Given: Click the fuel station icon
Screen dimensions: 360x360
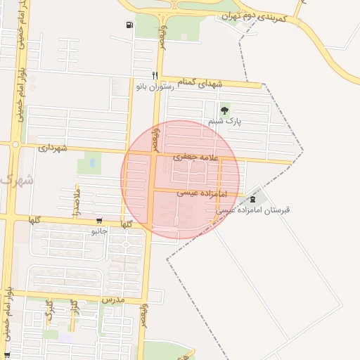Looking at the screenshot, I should tap(129, 26).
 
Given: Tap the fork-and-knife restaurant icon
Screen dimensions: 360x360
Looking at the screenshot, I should tap(154, 75).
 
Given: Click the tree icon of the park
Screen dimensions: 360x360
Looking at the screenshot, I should tap(225, 110).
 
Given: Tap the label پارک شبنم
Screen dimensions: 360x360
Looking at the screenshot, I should tap(224, 122).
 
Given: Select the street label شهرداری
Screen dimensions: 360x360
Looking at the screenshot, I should tap(53, 148).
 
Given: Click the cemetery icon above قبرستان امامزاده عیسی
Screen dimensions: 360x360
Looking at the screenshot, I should tap(252, 200).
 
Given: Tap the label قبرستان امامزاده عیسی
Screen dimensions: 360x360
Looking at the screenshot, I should tap(252, 210).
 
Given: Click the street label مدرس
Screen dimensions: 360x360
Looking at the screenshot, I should tap(112, 300).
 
